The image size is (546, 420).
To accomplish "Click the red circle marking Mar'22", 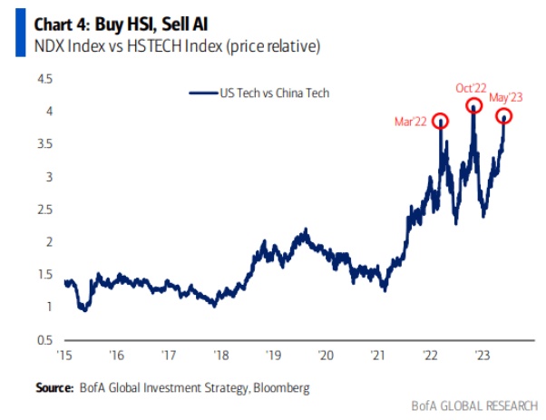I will (442, 122).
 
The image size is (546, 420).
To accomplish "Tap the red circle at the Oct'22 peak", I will (473, 107).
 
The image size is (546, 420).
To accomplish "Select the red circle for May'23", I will (503, 116).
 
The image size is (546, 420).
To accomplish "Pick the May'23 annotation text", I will (508, 97).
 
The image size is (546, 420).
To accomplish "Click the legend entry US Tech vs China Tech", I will (261, 93).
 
